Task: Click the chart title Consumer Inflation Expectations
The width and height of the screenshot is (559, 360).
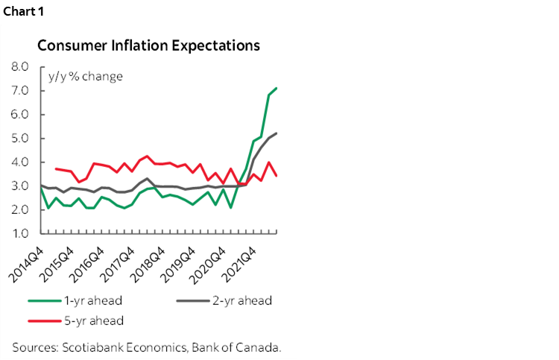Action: [148, 45]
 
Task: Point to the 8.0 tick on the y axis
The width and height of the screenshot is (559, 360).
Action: [19, 67]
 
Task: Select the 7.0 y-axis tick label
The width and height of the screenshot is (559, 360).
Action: [19, 91]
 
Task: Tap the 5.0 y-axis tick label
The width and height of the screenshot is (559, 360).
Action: [19, 139]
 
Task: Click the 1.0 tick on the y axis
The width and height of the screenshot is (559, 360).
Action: [19, 234]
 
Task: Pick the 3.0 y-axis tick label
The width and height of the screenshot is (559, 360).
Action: [19, 186]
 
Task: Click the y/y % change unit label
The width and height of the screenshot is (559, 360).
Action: [86, 77]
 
